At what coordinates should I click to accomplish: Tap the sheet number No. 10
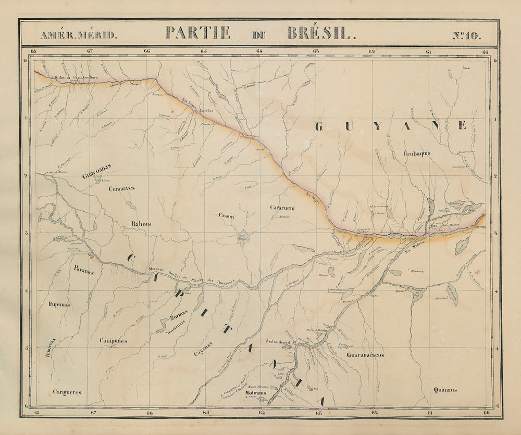pyautogui.click(x=467, y=35)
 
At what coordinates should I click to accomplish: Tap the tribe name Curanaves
pyautogui.click(x=122, y=189)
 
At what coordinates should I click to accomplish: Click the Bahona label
pyautogui.click(x=141, y=224)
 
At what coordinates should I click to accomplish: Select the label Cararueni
pyautogui.click(x=282, y=208)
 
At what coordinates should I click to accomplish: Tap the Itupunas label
pyautogui.click(x=59, y=304)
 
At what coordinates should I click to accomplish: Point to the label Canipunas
pyautogui.click(x=114, y=341)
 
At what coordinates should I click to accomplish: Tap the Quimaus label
pyautogui.click(x=445, y=389)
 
